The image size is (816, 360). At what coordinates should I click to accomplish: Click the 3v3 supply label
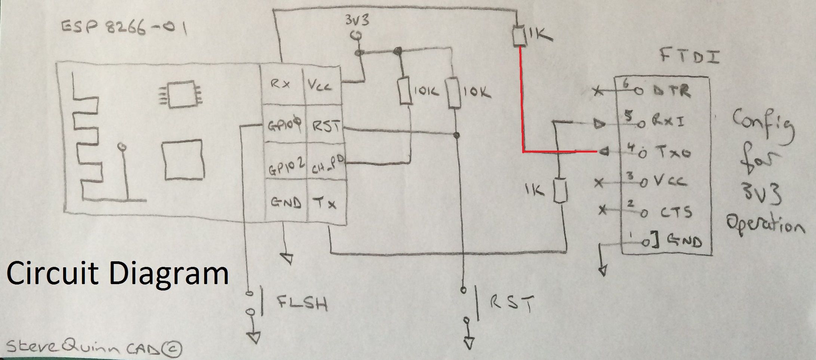tap(357, 20)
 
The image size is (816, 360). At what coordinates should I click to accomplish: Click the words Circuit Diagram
tap(117, 274)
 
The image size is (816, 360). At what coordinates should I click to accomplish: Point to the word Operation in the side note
tap(764, 224)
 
